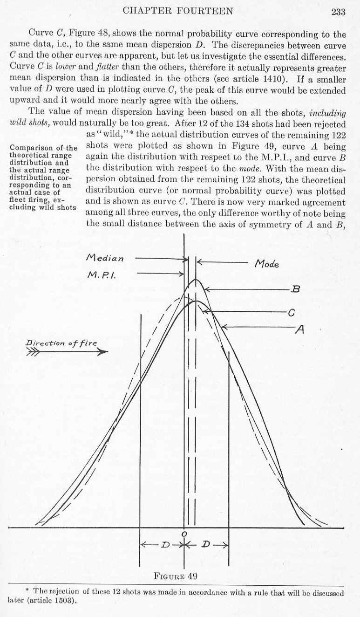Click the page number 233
click(x=338, y=12)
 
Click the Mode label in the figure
click(x=267, y=264)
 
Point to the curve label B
click(x=295, y=289)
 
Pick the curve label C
click(x=291, y=313)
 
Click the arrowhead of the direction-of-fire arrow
click(x=103, y=352)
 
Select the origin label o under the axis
click(x=184, y=534)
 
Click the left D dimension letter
click(x=164, y=544)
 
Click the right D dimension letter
click(x=205, y=544)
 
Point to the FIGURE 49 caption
click(x=176, y=576)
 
